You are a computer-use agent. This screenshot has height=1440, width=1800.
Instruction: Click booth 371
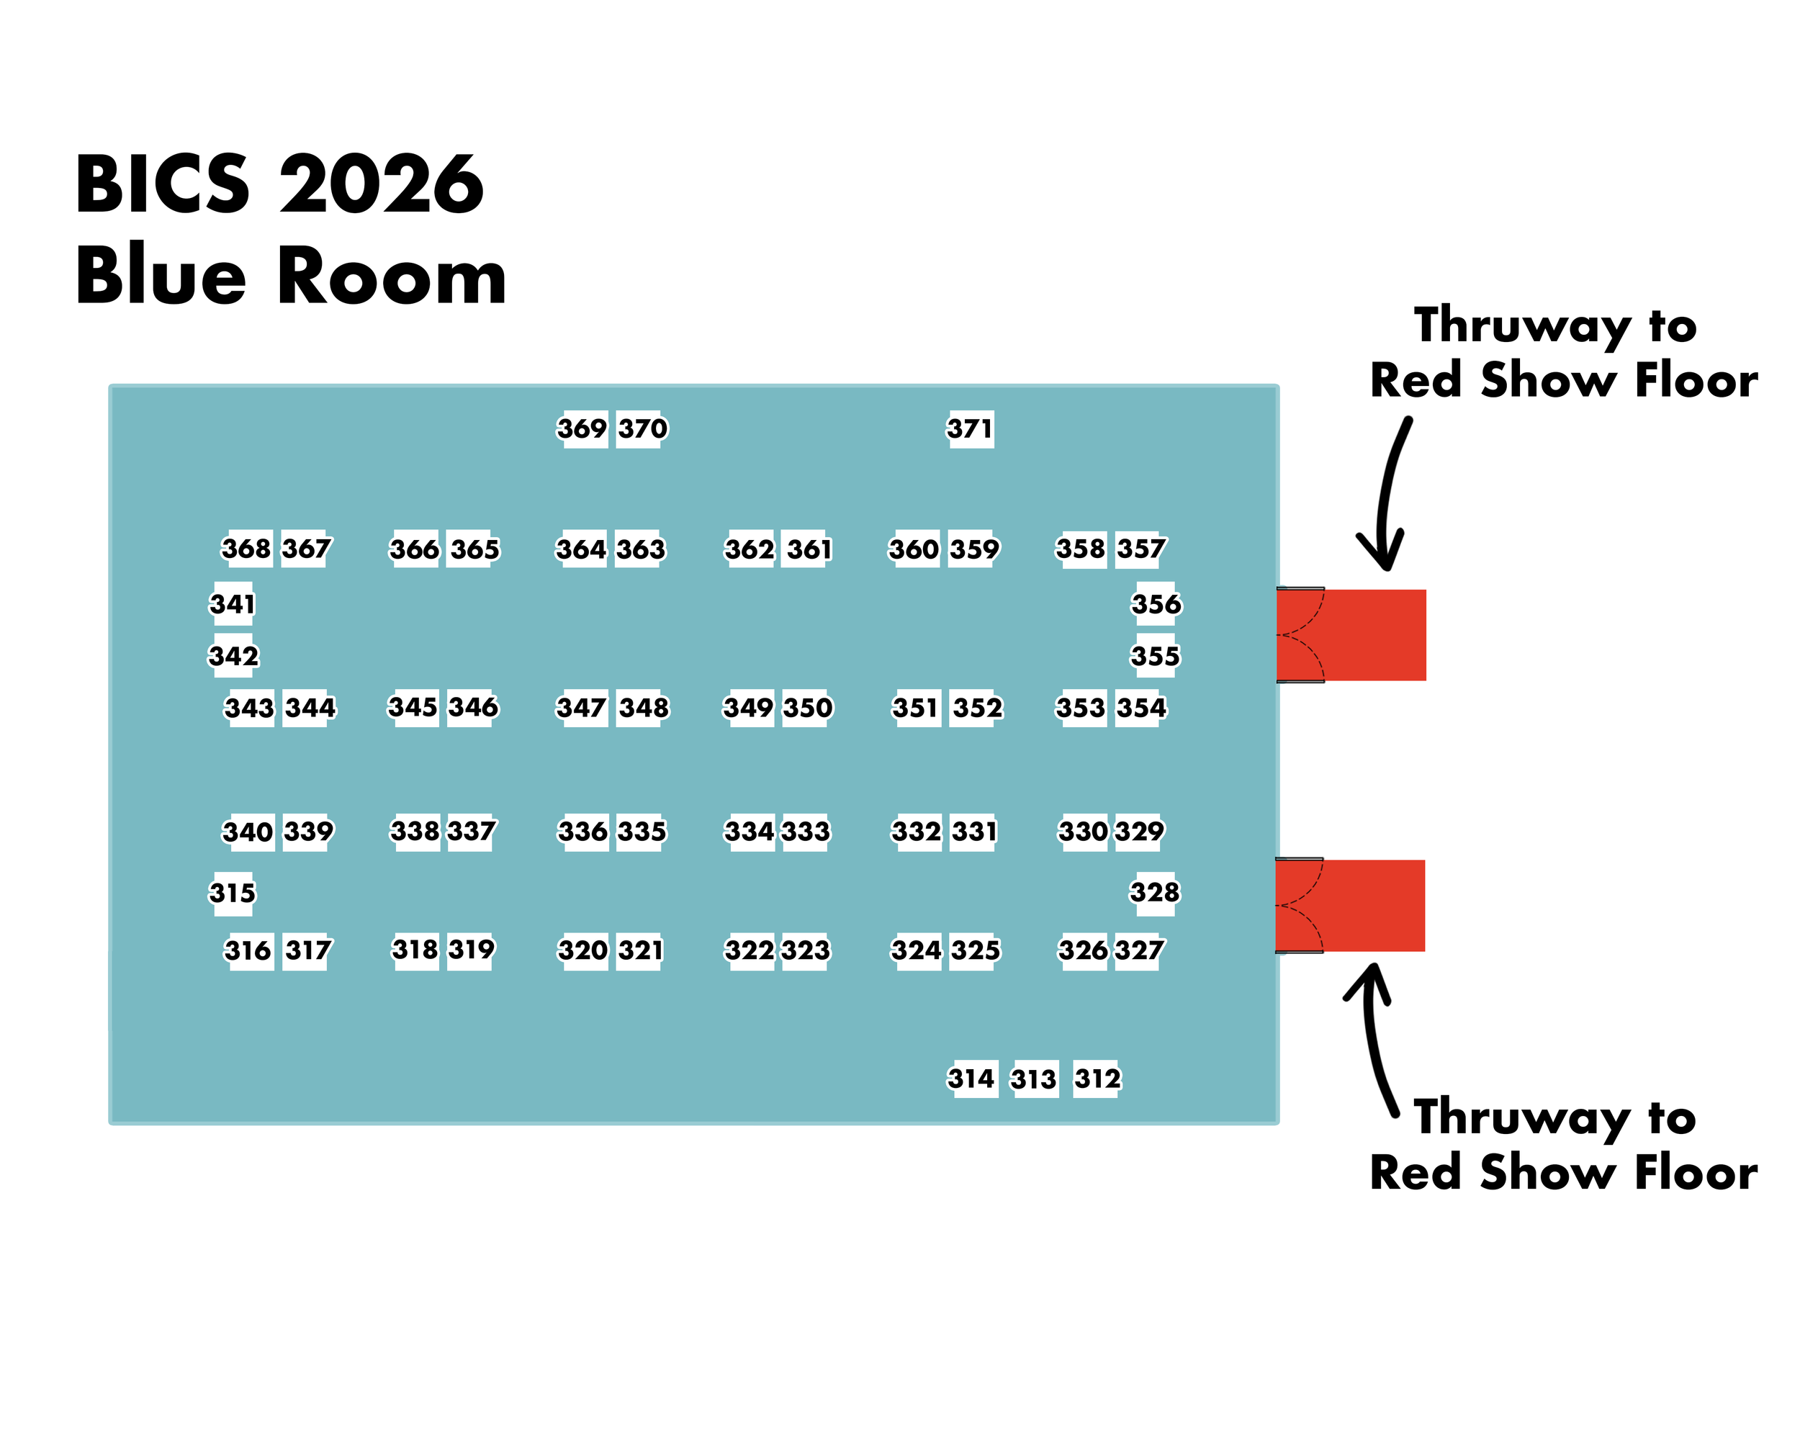(970, 429)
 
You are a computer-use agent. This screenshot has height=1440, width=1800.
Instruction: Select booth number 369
(582, 429)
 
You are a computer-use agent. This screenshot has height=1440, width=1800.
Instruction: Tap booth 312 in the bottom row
(1097, 1079)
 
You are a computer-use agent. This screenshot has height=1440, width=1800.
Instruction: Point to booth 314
(972, 1079)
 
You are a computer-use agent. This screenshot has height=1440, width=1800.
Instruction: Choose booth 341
(232, 603)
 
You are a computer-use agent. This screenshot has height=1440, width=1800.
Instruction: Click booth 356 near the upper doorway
(1156, 603)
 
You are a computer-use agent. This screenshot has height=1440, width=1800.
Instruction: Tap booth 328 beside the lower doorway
(1156, 892)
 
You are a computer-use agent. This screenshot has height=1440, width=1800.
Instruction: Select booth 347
(582, 708)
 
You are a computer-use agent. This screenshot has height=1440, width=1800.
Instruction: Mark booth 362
(750, 549)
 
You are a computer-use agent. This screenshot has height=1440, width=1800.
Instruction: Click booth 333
(806, 832)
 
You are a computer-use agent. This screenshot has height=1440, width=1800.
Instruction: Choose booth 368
(247, 549)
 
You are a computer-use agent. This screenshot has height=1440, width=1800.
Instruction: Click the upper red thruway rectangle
(1351, 635)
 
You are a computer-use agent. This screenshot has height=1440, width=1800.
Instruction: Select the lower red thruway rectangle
(1350, 906)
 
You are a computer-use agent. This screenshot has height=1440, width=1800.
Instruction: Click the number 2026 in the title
(382, 184)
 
